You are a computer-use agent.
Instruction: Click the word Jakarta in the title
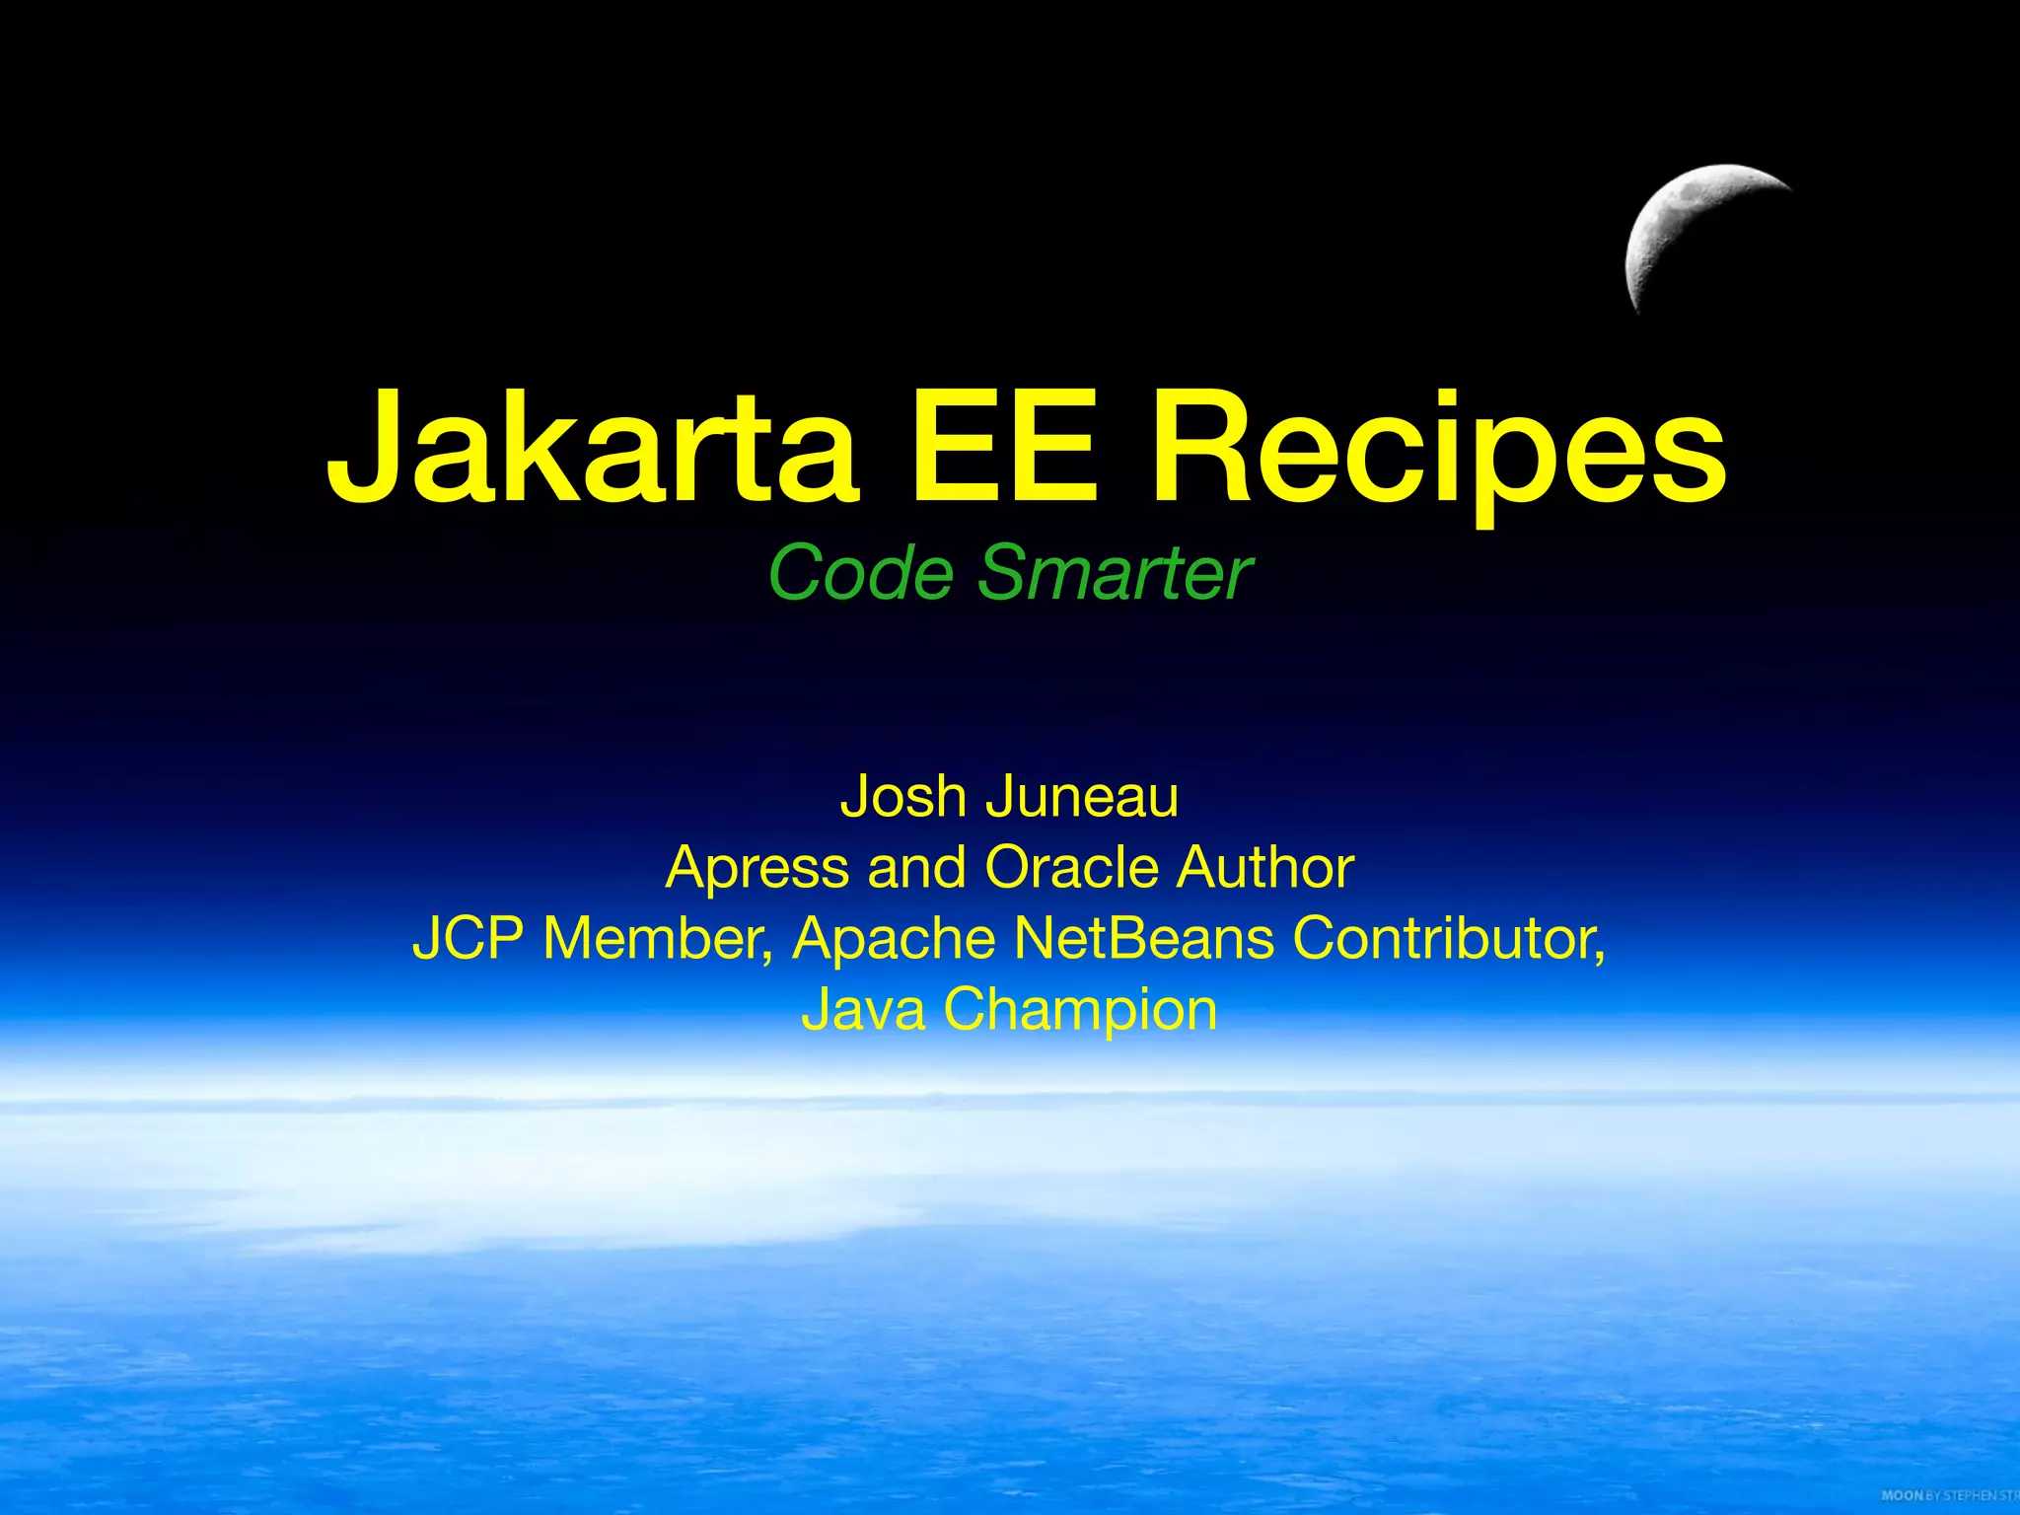[x=592, y=449]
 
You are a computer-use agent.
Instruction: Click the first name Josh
[x=902, y=796]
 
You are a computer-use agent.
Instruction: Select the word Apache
[x=894, y=938]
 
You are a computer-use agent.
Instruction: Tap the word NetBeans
[x=1144, y=938]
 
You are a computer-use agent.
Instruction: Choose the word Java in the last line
[x=863, y=1009]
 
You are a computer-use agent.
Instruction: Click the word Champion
[x=1080, y=1011]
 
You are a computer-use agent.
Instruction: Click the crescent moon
[x=1677, y=227]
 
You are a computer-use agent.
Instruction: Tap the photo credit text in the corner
[x=1949, y=1495]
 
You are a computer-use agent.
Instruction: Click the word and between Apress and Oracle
[x=916, y=867]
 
